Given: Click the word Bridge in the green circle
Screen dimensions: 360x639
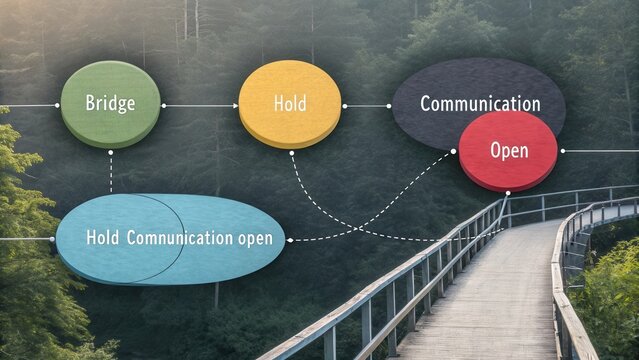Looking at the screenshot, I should coord(110,103).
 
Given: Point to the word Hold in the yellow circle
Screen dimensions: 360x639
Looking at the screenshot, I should coord(290,104).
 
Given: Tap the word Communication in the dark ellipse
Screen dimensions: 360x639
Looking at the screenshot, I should coord(480,104).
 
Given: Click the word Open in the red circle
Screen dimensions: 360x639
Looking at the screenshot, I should coord(509,151).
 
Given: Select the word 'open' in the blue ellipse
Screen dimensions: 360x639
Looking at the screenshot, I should coord(254,238).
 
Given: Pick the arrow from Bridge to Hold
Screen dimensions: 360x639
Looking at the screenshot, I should coord(199,104).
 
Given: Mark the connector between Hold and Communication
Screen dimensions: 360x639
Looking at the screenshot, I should coord(367,105).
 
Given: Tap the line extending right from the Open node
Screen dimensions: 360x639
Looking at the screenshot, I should coord(600,151).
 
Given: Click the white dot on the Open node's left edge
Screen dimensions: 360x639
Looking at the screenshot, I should coord(454,151).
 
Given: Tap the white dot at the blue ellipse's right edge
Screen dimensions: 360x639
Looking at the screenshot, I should coord(289,240).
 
